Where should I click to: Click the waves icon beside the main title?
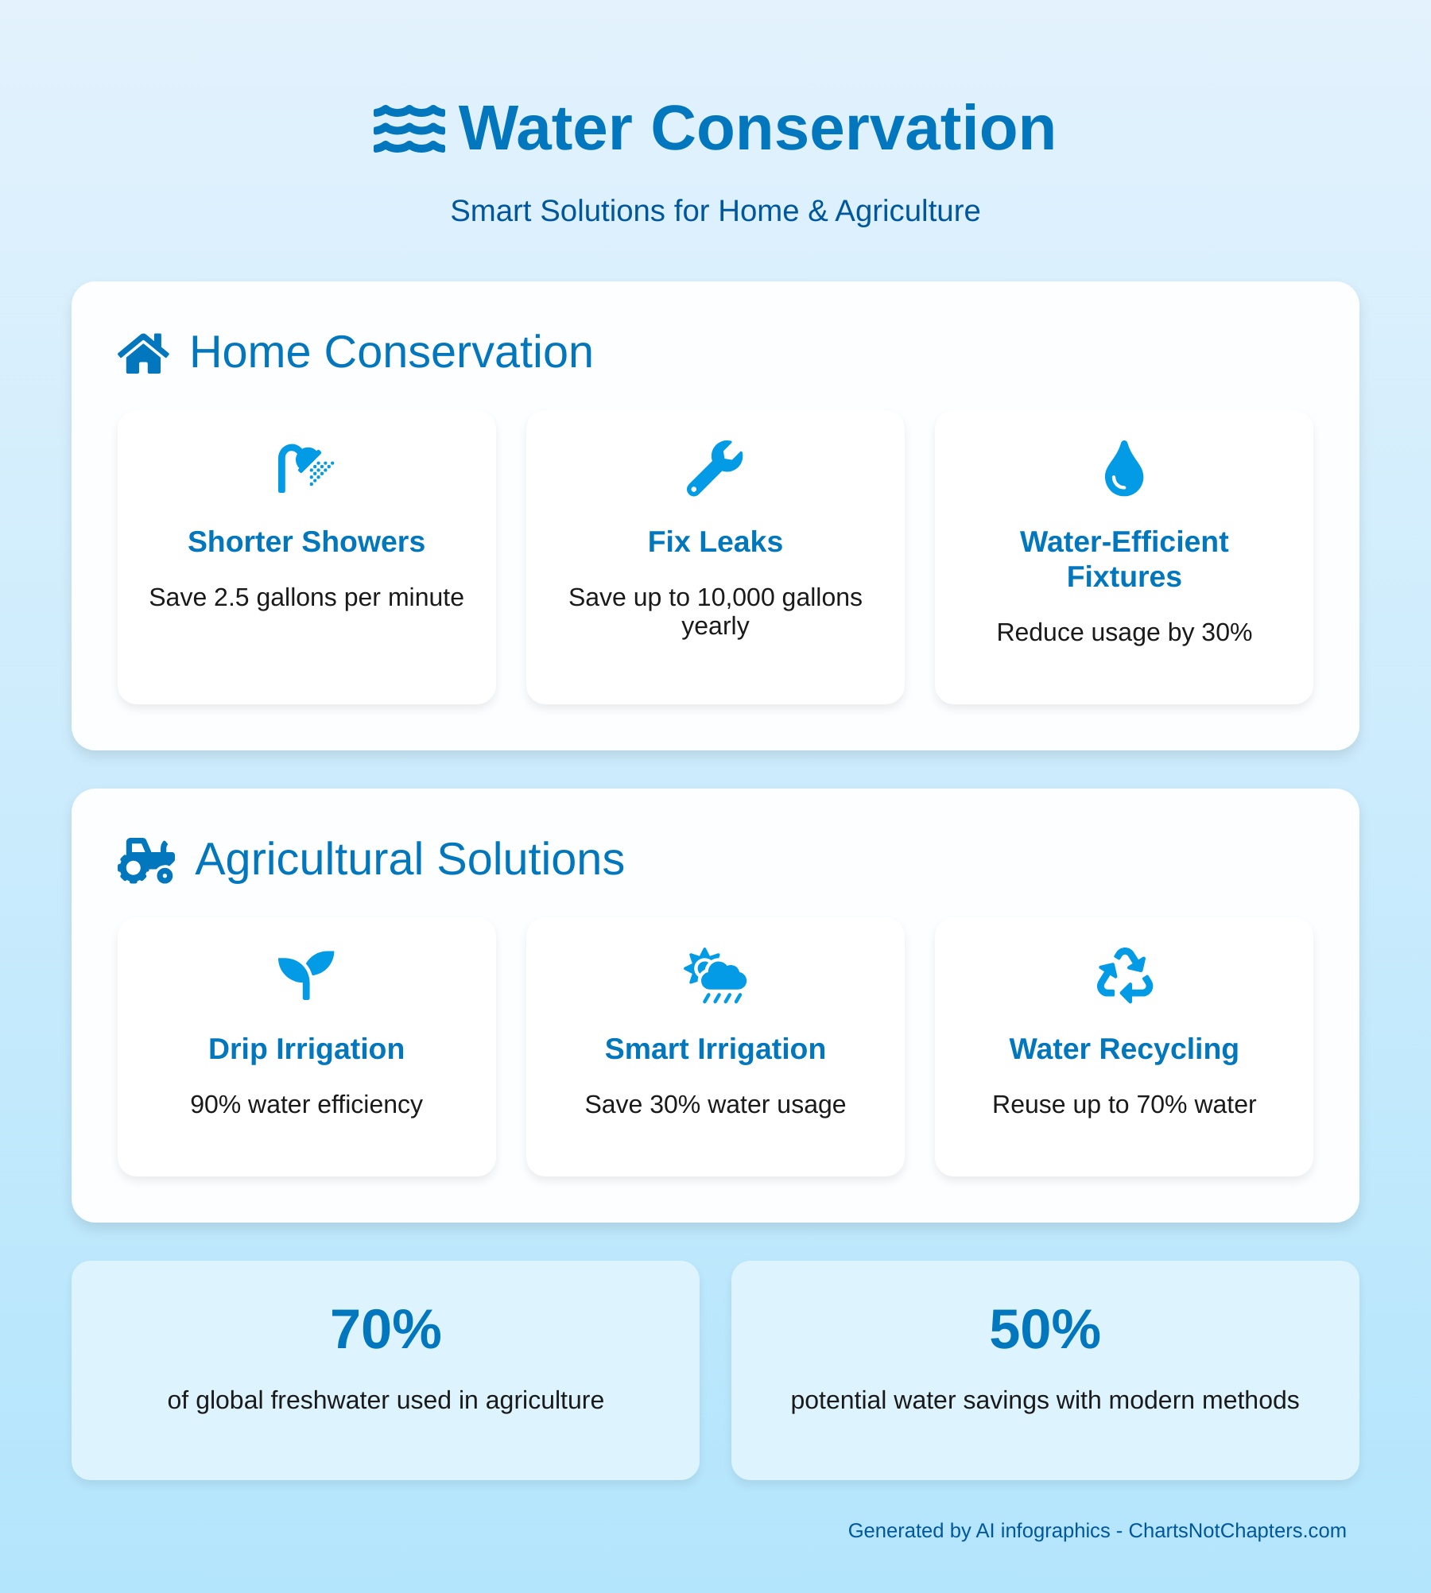[x=409, y=128]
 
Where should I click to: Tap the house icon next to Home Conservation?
[x=144, y=353]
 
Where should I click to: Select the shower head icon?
[x=306, y=468]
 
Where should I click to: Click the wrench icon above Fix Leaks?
[x=715, y=468]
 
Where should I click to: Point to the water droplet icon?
[x=1124, y=468]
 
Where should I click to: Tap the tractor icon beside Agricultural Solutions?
[x=146, y=860]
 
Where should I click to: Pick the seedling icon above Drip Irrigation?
[x=306, y=975]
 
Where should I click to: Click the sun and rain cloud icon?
[x=715, y=975]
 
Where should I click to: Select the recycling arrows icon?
[x=1124, y=975]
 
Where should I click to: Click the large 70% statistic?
[x=386, y=1329]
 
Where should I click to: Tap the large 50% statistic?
[x=1045, y=1329]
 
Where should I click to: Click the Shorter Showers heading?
[x=306, y=542]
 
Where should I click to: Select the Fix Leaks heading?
[x=715, y=542]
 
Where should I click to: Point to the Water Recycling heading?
[x=1124, y=1049]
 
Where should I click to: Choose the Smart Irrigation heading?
[x=715, y=1049]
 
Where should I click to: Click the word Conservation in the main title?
[x=853, y=128]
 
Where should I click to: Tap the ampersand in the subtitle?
[x=817, y=211]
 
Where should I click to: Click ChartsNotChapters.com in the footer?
[x=1237, y=1530]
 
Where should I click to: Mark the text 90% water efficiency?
[x=306, y=1104]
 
